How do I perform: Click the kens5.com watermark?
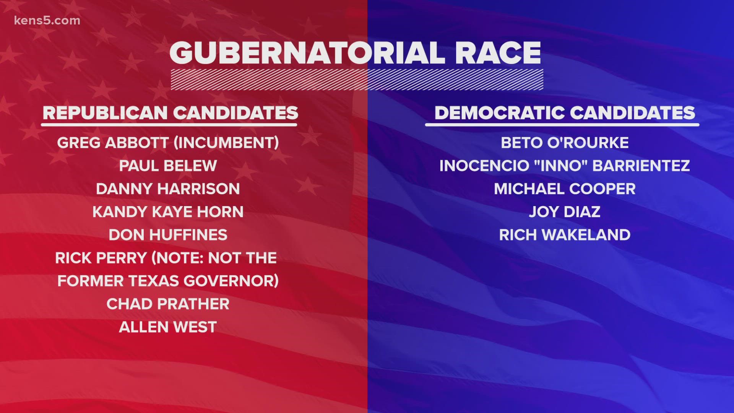pyautogui.click(x=47, y=21)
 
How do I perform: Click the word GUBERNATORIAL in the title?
pyautogui.click(x=307, y=52)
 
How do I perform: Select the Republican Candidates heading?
pyautogui.click(x=170, y=113)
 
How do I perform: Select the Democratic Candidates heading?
pyautogui.click(x=565, y=113)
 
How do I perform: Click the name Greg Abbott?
pyautogui.click(x=113, y=143)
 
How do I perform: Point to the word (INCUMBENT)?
pyautogui.click(x=226, y=143)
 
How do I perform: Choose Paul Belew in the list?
pyautogui.click(x=168, y=166)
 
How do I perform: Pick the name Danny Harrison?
pyautogui.click(x=168, y=189)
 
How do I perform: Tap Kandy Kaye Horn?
pyautogui.click(x=168, y=211)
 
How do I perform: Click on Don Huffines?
pyautogui.click(x=168, y=234)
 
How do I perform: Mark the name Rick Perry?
pyautogui.click(x=101, y=258)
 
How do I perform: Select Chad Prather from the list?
pyautogui.click(x=168, y=304)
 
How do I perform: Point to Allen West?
pyautogui.click(x=168, y=327)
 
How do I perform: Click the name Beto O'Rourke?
pyautogui.click(x=565, y=143)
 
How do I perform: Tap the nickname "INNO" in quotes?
pyautogui.click(x=557, y=166)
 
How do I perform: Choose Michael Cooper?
pyautogui.click(x=565, y=189)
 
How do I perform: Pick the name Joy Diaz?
pyautogui.click(x=565, y=211)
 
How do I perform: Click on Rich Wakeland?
pyautogui.click(x=565, y=234)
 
